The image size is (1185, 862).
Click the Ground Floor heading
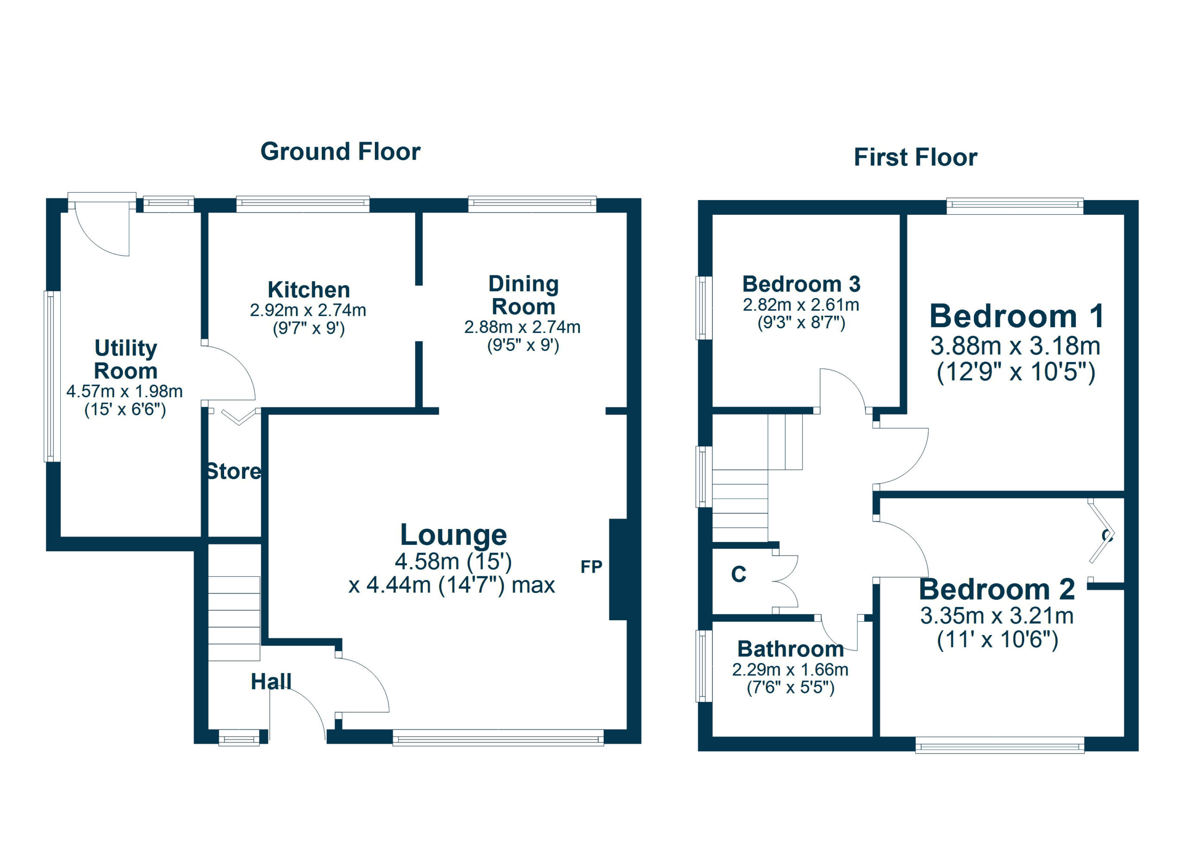coord(340,152)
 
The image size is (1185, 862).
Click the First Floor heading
coord(916,157)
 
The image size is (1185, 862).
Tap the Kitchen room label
coord(309,289)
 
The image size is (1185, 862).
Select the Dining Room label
coord(524,295)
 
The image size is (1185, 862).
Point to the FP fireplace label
coord(592,566)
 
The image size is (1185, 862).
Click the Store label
coord(234,471)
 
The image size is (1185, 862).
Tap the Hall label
coord(271,681)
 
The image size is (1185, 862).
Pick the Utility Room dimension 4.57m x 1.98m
coord(125,391)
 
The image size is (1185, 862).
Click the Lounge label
coord(454,535)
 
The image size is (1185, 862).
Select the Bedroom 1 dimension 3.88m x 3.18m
coord(1015,346)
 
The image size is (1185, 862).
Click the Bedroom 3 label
coord(801,284)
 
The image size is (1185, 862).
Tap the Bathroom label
coord(791,649)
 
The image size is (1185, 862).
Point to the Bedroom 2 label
coord(997,589)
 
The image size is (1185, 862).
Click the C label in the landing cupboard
coord(738,575)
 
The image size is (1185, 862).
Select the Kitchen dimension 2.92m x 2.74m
coord(308,310)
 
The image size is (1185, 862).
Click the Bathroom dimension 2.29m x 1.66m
coord(790,669)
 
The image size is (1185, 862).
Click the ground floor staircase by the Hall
coord(234,618)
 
